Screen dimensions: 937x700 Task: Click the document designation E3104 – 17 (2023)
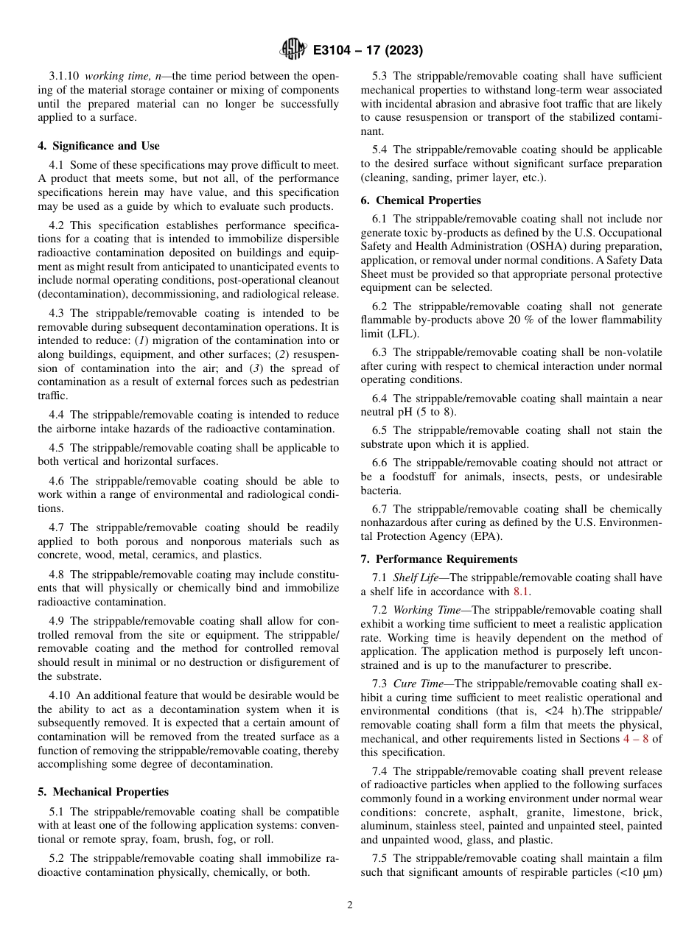(x=368, y=51)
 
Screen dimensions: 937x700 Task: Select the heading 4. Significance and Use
(x=99, y=146)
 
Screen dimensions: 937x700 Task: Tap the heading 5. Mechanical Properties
(x=103, y=792)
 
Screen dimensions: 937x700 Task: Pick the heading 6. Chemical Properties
(x=421, y=200)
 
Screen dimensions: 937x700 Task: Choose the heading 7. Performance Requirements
(x=439, y=559)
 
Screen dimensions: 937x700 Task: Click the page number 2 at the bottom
(x=350, y=905)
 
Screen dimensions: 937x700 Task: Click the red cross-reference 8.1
(x=521, y=592)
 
